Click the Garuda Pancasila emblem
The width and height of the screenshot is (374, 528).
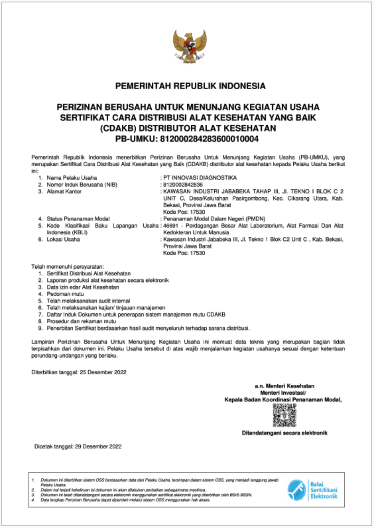(x=190, y=46)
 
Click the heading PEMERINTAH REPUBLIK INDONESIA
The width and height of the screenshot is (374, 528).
(x=190, y=86)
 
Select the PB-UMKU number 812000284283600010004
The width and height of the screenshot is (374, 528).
(x=209, y=139)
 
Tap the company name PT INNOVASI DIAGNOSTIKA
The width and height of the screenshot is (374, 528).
(x=200, y=178)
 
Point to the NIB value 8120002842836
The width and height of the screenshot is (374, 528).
(x=183, y=185)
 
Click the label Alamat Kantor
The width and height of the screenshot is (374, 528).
(x=64, y=191)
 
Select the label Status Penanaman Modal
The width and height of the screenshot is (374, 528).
(x=78, y=219)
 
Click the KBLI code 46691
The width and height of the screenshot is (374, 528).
(x=170, y=226)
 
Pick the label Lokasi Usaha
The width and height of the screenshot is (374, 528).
(x=63, y=239)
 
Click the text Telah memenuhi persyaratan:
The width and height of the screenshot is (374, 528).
(x=68, y=267)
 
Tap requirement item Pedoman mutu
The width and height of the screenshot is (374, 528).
(x=65, y=294)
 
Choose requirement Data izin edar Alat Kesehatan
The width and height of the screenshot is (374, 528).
(x=83, y=287)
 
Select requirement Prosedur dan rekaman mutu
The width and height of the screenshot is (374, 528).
(x=81, y=321)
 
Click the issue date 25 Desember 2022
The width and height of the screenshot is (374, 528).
(x=103, y=372)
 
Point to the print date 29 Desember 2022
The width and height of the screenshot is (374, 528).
(x=98, y=447)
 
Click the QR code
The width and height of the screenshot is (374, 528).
(x=284, y=415)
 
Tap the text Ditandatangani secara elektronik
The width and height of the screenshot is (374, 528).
(x=284, y=433)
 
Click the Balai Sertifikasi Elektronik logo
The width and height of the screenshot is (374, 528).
(x=312, y=490)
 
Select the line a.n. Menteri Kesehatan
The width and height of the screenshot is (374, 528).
(x=284, y=386)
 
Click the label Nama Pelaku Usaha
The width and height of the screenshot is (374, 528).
(x=72, y=178)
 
